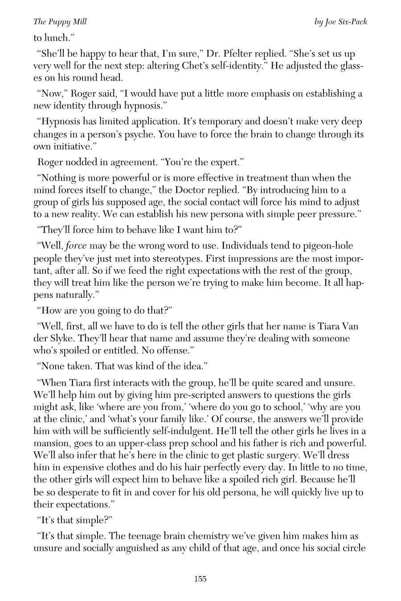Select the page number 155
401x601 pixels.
coord(200,579)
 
